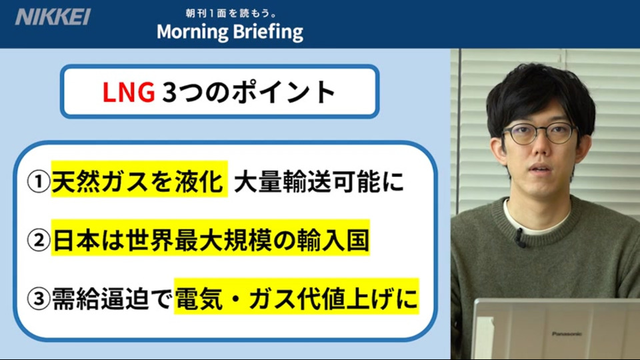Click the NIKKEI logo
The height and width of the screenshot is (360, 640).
(x=53, y=17)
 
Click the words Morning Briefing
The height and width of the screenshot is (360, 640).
(x=230, y=32)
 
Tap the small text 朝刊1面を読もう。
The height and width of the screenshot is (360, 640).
(x=231, y=13)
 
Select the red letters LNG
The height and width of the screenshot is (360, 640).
(x=129, y=92)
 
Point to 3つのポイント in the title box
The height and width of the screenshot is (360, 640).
(x=249, y=92)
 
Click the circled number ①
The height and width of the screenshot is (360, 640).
(x=39, y=181)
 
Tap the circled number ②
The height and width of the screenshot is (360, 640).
(x=39, y=240)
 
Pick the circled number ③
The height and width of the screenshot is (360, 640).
(x=39, y=299)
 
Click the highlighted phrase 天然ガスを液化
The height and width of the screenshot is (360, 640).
(x=139, y=181)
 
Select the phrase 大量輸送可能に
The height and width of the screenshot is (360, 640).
(x=319, y=181)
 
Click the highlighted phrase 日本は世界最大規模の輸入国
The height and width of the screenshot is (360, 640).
(x=211, y=240)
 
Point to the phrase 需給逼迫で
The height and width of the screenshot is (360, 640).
(x=111, y=299)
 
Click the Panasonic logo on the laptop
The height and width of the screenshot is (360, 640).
(x=567, y=334)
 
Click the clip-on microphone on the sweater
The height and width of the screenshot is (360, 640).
(x=520, y=238)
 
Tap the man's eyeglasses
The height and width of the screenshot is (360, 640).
(x=539, y=134)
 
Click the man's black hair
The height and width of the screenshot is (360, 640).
(x=539, y=95)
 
